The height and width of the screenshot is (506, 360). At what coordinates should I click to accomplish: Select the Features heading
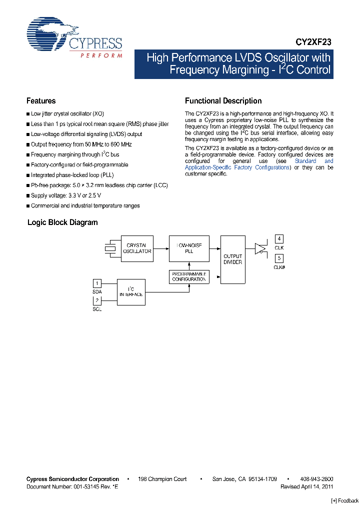point(41,101)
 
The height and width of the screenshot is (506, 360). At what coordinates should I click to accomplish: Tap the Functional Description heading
point(223,101)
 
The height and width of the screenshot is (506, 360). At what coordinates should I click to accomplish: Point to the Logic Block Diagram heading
point(62,222)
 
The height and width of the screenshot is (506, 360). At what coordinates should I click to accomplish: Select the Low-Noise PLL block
point(189,248)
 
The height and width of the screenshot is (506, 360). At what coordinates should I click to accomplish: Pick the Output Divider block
point(232,259)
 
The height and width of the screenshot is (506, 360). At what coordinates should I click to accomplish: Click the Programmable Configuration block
point(189,276)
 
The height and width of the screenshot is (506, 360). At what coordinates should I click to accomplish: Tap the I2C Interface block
point(131,292)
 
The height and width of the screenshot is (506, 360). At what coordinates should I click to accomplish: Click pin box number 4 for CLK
point(279,239)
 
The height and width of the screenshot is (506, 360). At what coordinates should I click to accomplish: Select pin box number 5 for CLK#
point(279,258)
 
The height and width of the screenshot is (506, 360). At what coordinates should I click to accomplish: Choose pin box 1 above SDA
point(97,283)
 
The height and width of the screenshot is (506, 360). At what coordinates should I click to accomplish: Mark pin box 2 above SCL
point(97,300)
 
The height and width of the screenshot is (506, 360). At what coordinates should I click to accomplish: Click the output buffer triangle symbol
point(260,248)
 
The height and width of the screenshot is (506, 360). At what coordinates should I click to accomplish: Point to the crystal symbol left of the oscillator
point(110,248)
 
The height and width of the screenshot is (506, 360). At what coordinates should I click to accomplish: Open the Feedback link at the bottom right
point(345,500)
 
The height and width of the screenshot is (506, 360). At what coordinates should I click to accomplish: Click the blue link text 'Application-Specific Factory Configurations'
point(237,167)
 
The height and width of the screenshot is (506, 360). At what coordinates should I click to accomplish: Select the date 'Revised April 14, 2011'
point(306,486)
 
